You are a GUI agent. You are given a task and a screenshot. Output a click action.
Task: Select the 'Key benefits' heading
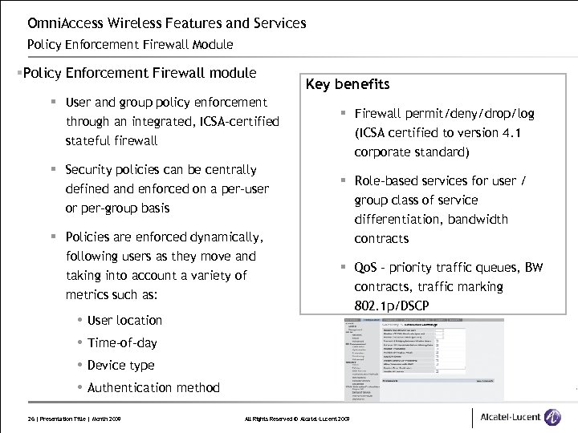(348, 84)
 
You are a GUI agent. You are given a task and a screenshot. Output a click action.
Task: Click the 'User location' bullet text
(124, 320)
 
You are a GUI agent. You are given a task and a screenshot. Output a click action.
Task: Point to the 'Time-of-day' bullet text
(122, 342)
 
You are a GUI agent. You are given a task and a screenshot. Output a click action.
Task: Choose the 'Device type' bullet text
(120, 365)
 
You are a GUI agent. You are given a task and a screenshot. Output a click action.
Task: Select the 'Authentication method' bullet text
(153, 387)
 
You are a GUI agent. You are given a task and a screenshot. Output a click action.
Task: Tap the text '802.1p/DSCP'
(392, 306)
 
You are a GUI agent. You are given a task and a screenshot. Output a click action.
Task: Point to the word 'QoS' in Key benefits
(365, 268)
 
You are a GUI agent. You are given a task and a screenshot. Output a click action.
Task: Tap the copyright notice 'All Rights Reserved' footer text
(270, 419)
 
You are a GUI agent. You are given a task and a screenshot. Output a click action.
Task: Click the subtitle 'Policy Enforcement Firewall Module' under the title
(130, 44)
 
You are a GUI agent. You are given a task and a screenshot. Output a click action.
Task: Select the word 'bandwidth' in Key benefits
(478, 219)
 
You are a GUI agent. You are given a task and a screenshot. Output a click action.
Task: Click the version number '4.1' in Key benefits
(511, 133)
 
